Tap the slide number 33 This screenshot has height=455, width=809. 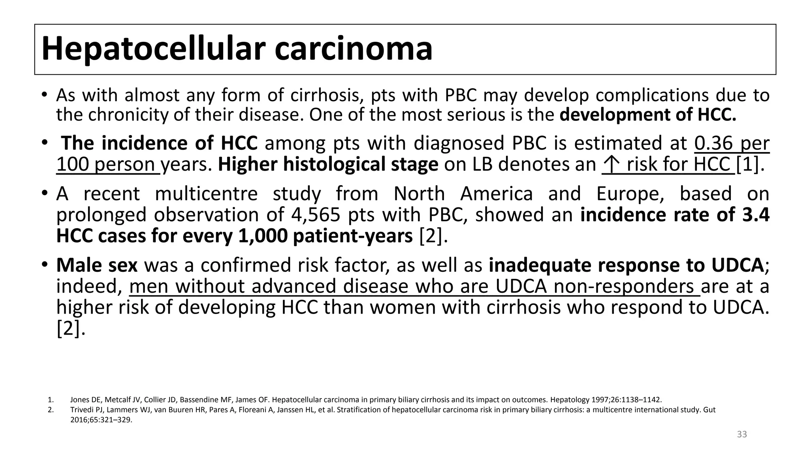tap(742, 434)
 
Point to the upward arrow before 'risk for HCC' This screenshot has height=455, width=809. tap(611, 164)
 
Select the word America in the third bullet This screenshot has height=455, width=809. tap(497, 194)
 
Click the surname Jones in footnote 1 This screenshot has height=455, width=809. tap(77, 399)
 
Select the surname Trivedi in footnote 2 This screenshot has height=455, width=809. tap(80, 410)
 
